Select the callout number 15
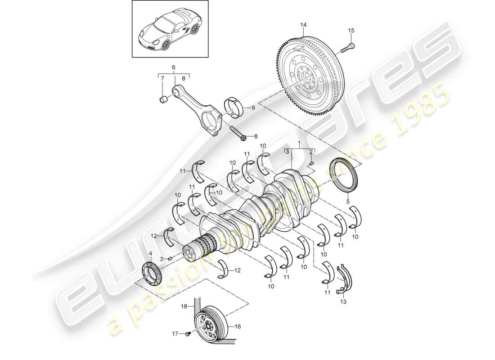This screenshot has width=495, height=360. pyautogui.click(x=351, y=31)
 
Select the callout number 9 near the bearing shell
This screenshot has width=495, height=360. pyautogui.click(x=253, y=108)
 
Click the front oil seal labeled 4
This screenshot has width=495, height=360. pyautogui.click(x=150, y=274)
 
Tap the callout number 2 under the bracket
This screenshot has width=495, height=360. pyautogui.click(x=311, y=152)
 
